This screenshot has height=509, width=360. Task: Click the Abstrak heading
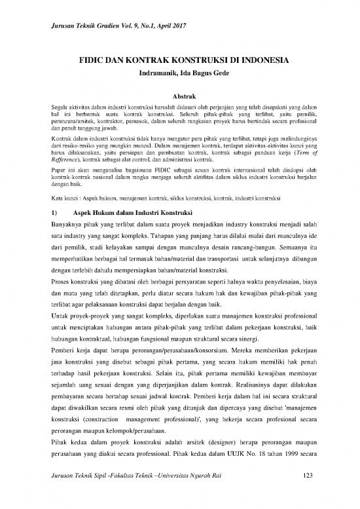coord(179,96)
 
